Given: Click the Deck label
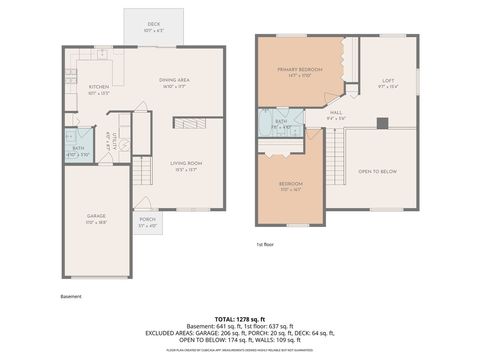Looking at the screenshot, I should point(153,24).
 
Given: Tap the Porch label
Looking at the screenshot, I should point(147,220).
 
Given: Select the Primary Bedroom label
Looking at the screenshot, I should point(299,71).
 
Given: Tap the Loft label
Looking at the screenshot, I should point(388,82).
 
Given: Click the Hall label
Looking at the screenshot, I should point(337,115).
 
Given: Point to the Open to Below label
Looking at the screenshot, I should point(378,172).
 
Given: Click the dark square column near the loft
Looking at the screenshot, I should point(381,124).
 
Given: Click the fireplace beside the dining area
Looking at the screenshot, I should point(190,122).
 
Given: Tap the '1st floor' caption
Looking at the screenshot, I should point(265,244).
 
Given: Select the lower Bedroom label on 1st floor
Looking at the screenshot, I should point(290,186).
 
